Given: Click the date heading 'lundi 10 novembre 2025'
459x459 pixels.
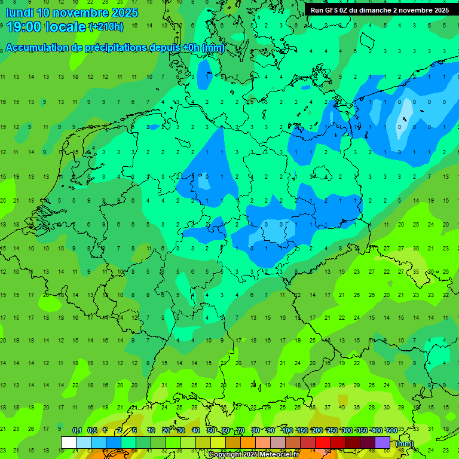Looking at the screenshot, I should tap(72, 13).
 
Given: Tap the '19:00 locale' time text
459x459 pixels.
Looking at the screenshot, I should tap(46, 26).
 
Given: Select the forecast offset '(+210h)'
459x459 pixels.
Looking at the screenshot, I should tap(106, 27).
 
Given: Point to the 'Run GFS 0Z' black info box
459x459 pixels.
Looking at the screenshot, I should tap(380, 10).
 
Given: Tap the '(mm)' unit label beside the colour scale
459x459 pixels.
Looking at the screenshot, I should tap(405, 443).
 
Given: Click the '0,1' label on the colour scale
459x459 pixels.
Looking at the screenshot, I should tap(76, 430).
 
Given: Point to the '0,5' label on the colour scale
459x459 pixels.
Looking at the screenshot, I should tap(92, 430).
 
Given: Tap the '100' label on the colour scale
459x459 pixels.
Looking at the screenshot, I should tap(287, 430).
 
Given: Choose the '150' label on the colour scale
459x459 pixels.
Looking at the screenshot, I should tap(302, 430).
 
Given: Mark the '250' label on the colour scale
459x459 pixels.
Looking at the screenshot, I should tap(332, 430).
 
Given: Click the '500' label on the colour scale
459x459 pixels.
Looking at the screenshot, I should tap(391, 430).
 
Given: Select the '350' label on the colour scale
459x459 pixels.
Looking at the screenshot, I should tap(362, 430).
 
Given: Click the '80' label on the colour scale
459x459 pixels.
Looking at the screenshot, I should tap(256, 430).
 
